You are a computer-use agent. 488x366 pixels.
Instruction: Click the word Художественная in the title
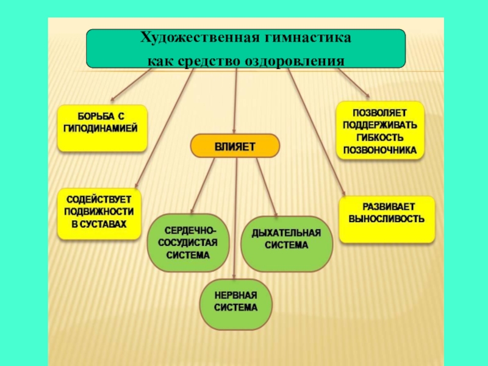coord(193,38)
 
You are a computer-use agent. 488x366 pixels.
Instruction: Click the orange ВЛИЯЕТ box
coord(235,147)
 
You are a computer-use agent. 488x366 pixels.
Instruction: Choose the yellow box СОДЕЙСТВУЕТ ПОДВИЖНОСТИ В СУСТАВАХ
coord(99,213)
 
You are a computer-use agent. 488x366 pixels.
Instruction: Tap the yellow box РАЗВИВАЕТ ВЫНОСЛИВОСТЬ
coord(387,219)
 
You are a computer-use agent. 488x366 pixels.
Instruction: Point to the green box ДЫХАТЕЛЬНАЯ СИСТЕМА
coord(287,243)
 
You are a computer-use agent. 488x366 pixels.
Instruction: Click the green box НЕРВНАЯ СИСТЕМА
coord(236,303)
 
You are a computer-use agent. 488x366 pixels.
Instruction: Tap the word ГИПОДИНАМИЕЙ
coord(101,129)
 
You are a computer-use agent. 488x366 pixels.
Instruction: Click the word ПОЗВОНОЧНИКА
coord(380,149)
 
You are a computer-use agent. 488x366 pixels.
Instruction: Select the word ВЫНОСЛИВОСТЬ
coord(387,218)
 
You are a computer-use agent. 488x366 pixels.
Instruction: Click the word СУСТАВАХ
coord(98,224)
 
